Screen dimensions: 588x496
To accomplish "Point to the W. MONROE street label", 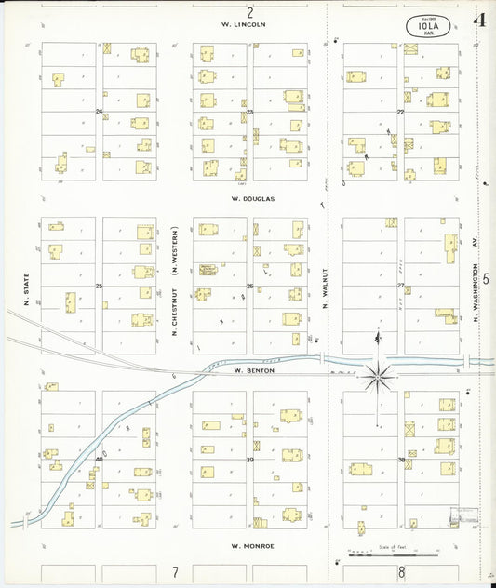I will [252, 544].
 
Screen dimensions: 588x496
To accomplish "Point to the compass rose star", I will [377, 377].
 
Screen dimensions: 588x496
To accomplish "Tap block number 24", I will [99, 112].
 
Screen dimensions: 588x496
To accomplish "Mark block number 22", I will [401, 112].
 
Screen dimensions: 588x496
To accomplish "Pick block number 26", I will [249, 286].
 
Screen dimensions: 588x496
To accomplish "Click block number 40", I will [99, 459].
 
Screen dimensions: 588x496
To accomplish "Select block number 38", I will [401, 460].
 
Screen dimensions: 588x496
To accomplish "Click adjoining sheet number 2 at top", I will [249, 12].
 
